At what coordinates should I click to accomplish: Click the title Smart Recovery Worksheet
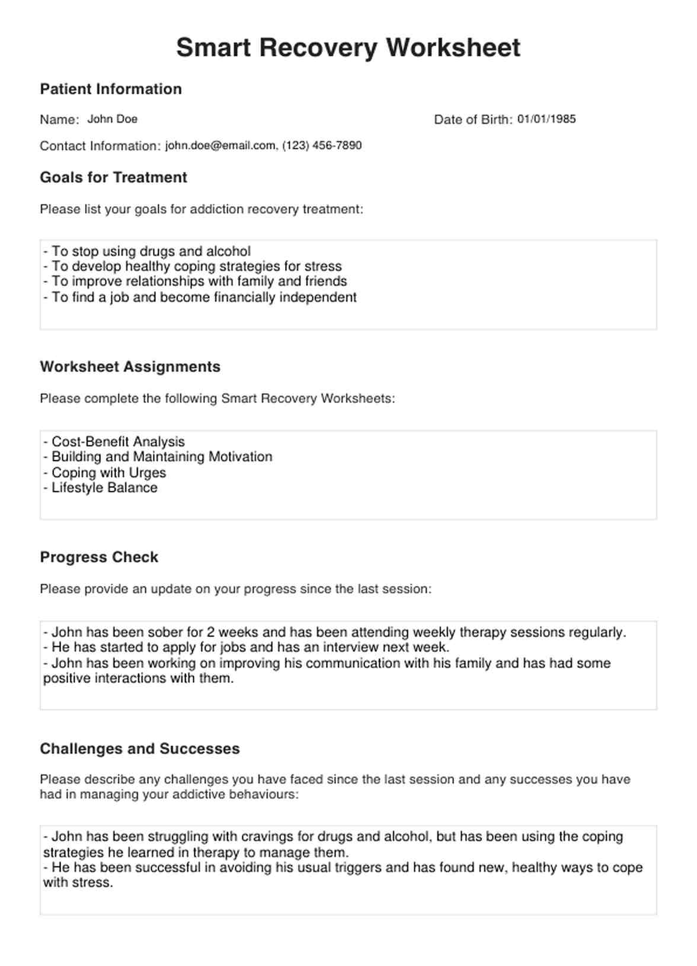tap(348, 47)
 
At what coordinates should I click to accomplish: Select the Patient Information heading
tap(111, 89)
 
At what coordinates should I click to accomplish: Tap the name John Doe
tap(112, 119)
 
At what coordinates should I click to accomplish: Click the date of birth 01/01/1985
tap(546, 119)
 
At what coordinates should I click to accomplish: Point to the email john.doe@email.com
tap(220, 146)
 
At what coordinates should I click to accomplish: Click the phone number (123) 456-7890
tap(322, 146)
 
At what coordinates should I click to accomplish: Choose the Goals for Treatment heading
tap(113, 177)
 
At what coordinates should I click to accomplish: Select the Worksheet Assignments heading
tap(130, 367)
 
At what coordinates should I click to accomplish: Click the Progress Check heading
tap(99, 557)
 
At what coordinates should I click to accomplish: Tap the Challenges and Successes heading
tap(140, 749)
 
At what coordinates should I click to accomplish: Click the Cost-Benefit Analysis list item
tap(118, 442)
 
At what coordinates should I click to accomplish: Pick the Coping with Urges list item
tap(108, 472)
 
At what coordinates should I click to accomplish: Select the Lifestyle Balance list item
tap(104, 488)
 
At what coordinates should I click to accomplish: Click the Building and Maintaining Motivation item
tap(162, 457)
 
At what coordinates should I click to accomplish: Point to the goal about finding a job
tap(204, 297)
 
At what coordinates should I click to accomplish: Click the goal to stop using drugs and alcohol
tap(151, 251)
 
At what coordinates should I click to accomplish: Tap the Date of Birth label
tap(473, 120)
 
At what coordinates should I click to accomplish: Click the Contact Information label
tap(100, 146)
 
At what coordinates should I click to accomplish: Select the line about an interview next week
tap(250, 647)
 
